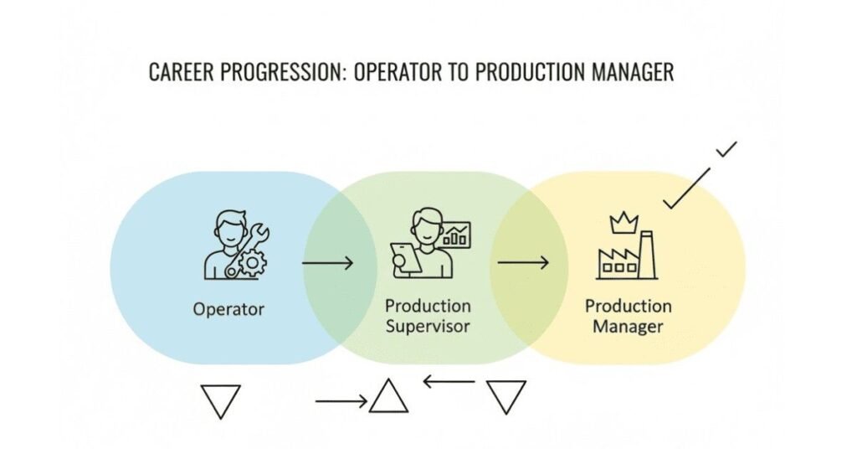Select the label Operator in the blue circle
[228, 309]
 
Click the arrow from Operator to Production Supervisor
[327, 263]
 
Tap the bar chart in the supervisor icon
[457, 234]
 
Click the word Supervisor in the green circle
[428, 326]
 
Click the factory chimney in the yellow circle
[647, 254]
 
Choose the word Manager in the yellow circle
[628, 327]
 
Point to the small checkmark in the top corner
[726, 150]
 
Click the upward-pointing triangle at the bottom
[388, 397]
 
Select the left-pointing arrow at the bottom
[449, 383]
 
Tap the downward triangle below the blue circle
[221, 401]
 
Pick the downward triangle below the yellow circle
[506, 396]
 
